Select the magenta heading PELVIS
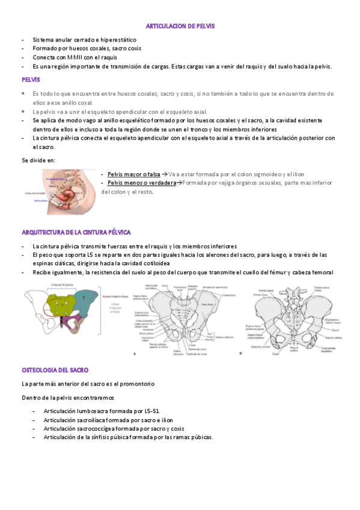31,79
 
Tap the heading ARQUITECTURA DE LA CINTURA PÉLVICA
76,232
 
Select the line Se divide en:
38,161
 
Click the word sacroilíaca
91,420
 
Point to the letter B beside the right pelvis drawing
240,354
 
